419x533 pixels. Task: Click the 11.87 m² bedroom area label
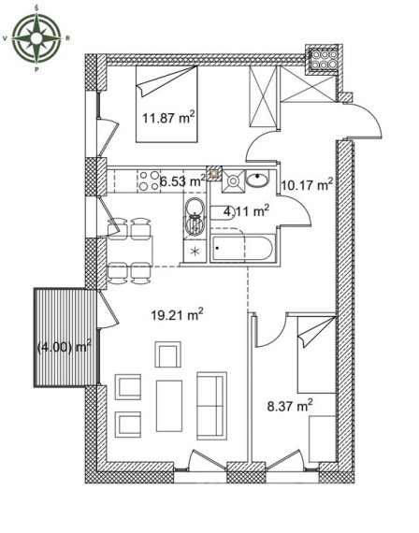168,118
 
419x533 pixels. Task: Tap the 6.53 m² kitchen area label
182,181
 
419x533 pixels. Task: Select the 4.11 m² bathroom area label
247,211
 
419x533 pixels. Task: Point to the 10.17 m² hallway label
307,185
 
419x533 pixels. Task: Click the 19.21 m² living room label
177,315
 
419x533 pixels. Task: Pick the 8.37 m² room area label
290,406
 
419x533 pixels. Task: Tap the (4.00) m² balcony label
64,347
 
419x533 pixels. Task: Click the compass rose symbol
36,38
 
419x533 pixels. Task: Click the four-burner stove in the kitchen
149,180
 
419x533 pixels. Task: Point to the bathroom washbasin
257,180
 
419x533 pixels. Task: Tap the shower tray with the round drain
233,180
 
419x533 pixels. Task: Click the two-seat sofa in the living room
212,404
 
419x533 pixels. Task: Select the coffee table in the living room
169,406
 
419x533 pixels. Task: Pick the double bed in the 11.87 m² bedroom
166,104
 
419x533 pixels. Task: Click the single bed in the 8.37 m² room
317,354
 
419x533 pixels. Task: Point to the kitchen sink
195,217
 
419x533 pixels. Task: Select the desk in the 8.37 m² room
323,439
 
